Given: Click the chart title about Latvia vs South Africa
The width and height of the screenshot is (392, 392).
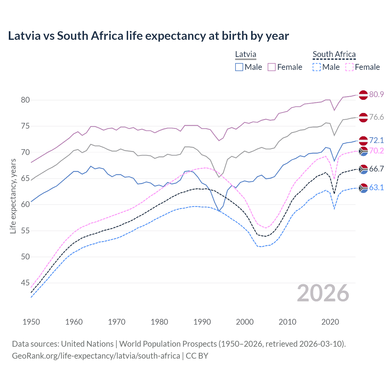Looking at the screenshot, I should [148, 36].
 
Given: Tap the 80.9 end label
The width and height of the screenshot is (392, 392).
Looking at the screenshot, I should [376, 94].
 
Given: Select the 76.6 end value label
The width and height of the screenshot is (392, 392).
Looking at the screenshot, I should [376, 117].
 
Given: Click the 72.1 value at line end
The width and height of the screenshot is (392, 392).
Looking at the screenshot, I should [376, 140].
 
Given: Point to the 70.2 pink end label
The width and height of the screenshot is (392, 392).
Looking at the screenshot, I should [376, 151].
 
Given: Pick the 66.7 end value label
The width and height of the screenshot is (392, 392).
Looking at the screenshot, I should [376, 169].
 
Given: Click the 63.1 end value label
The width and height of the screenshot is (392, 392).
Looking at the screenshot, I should [376, 187].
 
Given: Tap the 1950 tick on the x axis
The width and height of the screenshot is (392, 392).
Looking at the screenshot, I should [31, 322].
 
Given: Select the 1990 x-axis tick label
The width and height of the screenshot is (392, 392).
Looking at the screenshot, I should [202, 322].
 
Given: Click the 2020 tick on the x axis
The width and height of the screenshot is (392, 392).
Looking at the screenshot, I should [330, 322].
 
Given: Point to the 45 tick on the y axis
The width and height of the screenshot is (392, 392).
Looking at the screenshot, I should [25, 283].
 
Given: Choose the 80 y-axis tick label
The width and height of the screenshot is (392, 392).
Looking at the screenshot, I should [25, 100].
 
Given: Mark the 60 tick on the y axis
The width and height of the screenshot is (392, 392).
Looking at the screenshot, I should [25, 205].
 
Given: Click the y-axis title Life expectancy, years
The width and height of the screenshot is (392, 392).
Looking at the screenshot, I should [13, 196].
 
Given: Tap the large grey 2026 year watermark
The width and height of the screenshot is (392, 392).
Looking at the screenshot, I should [323, 293].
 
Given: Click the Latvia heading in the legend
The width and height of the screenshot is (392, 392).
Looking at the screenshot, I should [246, 54].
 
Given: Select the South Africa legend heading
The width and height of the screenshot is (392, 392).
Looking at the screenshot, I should [334, 54].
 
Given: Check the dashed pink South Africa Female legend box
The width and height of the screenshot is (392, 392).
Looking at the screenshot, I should [349, 67].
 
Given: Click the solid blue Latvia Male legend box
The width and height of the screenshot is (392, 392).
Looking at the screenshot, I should [239, 67].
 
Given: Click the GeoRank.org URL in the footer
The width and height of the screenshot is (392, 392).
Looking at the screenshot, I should [96, 356].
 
